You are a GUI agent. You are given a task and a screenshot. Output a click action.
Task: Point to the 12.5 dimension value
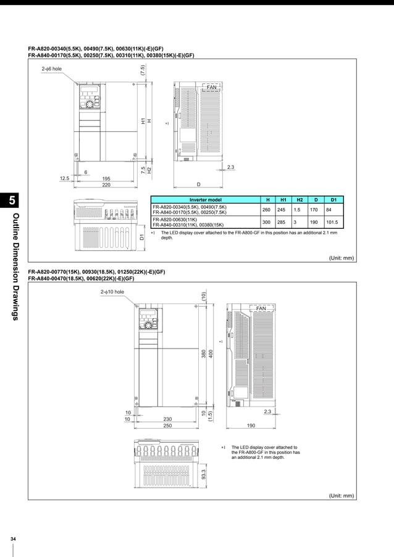(x=64, y=178)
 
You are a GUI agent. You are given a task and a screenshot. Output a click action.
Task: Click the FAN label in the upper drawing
(x=212, y=88)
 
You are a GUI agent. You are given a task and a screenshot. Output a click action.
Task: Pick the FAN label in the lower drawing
(x=261, y=308)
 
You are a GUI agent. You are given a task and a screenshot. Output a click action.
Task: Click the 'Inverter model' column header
(x=206, y=199)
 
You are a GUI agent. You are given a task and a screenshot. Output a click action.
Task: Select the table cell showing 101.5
(x=333, y=221)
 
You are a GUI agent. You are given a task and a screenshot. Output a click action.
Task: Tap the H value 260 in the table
(x=266, y=209)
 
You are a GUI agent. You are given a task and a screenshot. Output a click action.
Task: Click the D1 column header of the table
(x=333, y=199)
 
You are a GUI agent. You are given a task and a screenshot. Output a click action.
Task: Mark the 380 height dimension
(x=203, y=354)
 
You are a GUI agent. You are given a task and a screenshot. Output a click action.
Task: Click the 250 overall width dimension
(x=167, y=426)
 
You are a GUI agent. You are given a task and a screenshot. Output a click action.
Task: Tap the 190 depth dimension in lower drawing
(x=251, y=426)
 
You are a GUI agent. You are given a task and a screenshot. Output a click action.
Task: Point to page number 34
(x=12, y=540)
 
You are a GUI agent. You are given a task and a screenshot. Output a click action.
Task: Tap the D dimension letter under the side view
(x=198, y=184)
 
